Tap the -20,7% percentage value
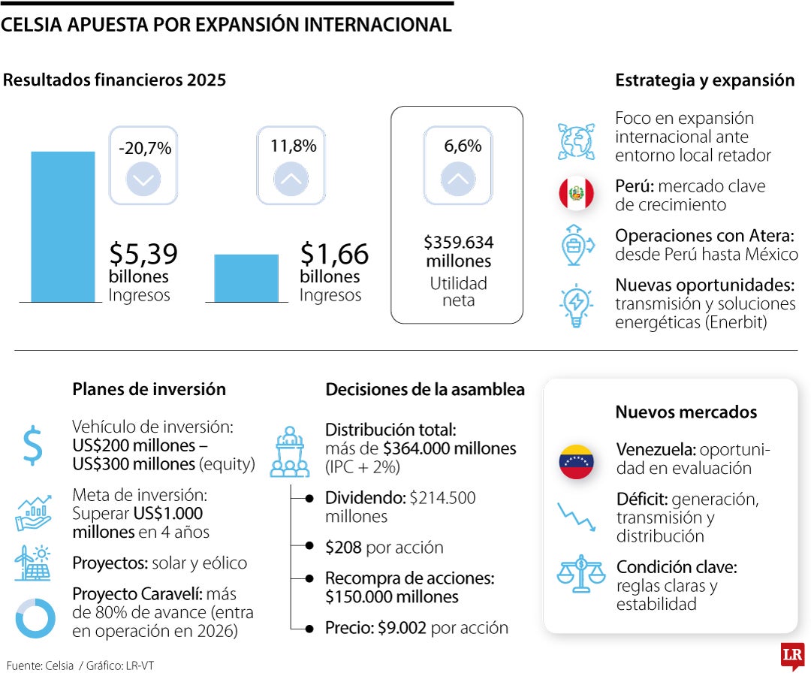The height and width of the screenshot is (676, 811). (145, 149)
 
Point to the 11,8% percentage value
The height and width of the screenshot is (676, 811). (293, 146)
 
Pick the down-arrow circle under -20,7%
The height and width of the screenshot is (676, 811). (143, 180)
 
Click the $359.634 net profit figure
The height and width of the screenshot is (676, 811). (458, 243)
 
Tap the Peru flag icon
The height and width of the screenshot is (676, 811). (576, 195)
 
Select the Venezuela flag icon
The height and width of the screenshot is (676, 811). (576, 461)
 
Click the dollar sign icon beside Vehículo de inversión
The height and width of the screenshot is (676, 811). (32, 445)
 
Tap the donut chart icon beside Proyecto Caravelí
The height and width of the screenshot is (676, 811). (35, 618)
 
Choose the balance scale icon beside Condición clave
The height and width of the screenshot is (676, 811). (580, 574)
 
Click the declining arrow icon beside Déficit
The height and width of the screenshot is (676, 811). (576, 517)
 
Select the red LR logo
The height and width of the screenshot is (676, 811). (792, 656)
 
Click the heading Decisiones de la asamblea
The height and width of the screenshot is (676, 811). (424, 389)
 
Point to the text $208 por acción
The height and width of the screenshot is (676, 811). (384, 548)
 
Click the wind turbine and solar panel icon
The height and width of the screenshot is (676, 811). (32, 563)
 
